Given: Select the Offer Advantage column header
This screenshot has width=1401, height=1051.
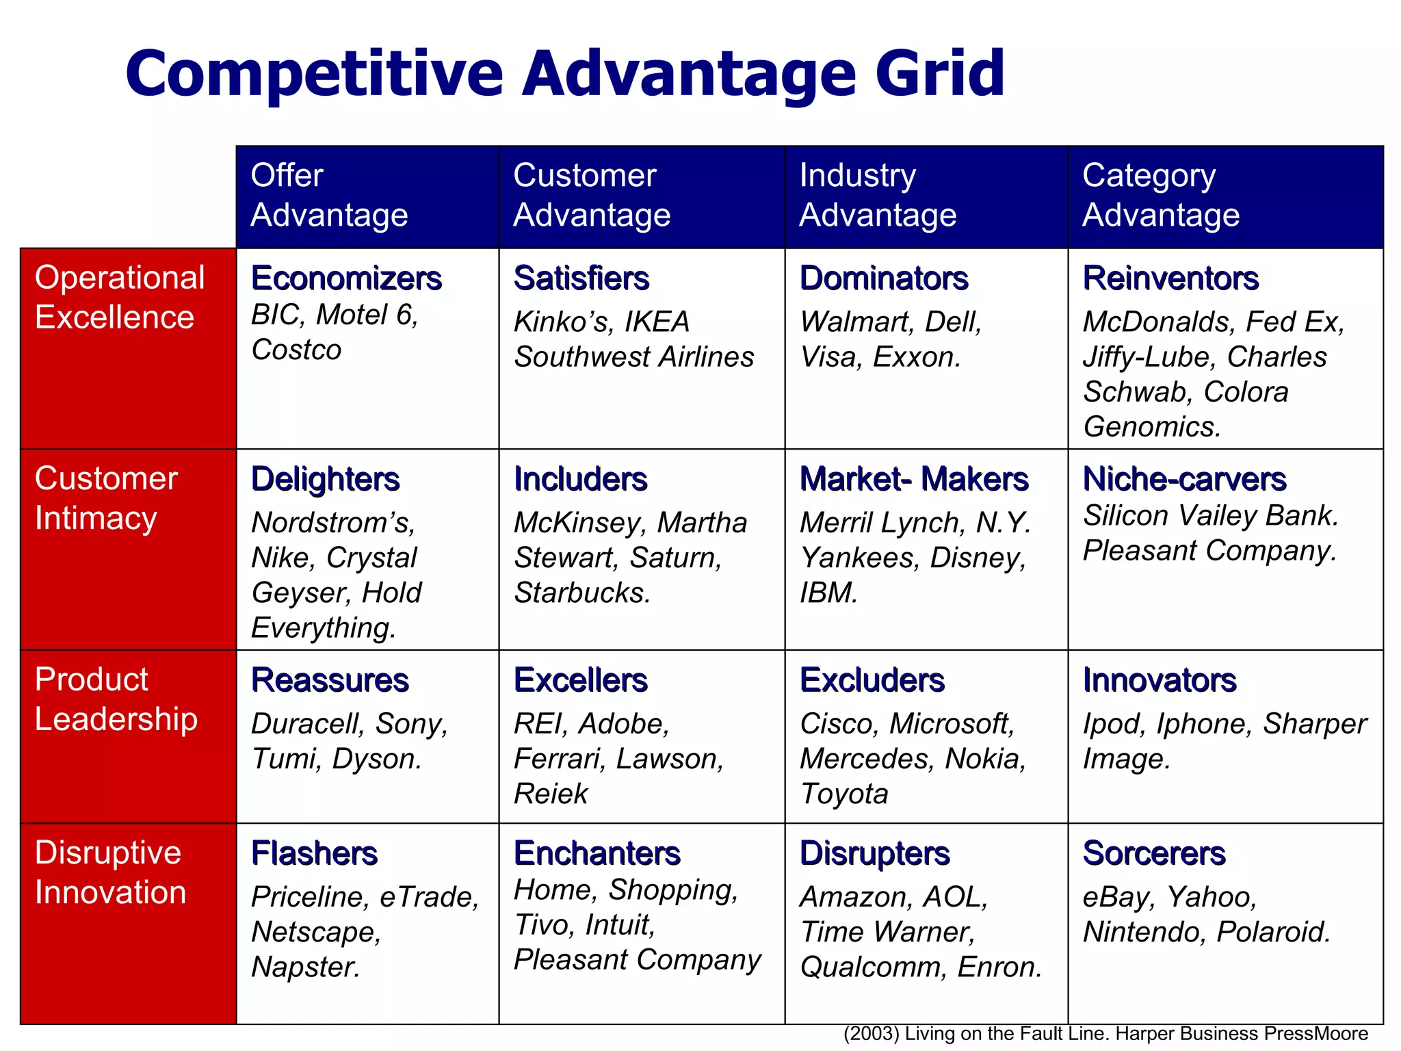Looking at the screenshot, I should coord(329,195).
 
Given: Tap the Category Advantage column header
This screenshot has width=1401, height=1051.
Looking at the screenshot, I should coord(1160,195).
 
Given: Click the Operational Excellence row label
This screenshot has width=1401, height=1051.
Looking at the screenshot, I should coord(120,297).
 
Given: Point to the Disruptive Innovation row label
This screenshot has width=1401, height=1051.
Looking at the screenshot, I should coord(109,872).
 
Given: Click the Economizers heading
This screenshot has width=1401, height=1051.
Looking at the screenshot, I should coord(346,278).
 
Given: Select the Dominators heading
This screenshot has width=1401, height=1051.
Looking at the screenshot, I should coord(884,278).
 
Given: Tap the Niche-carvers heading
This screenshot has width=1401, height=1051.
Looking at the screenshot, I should coord(1184,479).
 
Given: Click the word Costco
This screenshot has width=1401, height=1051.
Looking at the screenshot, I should coord(296,350).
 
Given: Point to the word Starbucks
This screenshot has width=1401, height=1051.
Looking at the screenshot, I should coord(581,593).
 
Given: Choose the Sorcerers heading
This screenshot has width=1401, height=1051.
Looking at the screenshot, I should coord(1154,853).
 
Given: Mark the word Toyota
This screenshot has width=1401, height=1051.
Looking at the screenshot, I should coord(844,794).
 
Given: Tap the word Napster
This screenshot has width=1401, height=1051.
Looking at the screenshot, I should coord(305,967).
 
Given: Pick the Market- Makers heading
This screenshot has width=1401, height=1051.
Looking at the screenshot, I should coord(914,479).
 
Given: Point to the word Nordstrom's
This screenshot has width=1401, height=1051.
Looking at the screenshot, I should coord(333,523).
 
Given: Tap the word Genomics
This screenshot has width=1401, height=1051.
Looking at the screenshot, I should coord(1152,427).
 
